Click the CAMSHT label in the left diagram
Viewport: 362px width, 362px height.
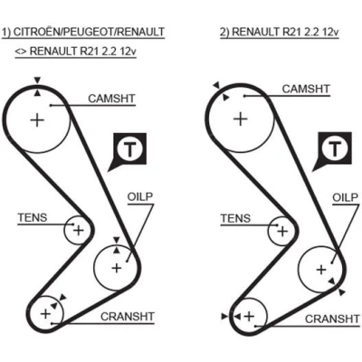coord(111,99)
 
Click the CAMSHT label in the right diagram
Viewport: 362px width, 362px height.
coord(306,89)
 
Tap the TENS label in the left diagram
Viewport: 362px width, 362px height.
coord(33,217)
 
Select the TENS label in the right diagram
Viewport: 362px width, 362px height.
coord(235,218)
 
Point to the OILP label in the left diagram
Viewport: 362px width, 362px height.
coord(140,196)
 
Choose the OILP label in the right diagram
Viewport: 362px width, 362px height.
coord(345,197)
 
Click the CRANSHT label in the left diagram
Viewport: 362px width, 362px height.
coord(128,317)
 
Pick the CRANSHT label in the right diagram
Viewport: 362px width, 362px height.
coord(332,319)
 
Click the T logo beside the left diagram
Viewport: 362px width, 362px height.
coord(129,149)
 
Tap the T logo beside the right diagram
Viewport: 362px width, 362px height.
coord(334,148)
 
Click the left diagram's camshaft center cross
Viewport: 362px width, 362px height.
coord(37,120)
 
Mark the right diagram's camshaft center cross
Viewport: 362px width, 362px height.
coord(241,119)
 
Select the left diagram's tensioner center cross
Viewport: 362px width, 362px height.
coord(79,231)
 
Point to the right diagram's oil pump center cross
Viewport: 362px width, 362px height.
coord(321,270)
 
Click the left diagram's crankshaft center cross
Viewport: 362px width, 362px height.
coord(46,314)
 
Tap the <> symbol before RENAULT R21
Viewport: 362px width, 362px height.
coord(21,52)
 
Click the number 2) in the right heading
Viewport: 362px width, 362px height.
coord(224,32)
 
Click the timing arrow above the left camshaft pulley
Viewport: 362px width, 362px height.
coord(37,81)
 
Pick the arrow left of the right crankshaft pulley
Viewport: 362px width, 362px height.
coord(224,316)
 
